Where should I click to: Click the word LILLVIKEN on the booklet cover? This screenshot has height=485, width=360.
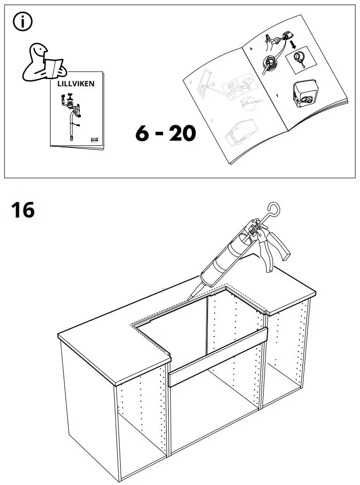click(x=75, y=83)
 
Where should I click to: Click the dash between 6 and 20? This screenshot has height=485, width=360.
click(x=162, y=134)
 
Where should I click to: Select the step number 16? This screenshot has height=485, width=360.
click(x=23, y=210)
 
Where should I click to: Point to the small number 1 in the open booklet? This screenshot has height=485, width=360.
click(x=276, y=95)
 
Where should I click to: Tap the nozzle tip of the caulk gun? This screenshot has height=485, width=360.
click(x=189, y=297)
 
